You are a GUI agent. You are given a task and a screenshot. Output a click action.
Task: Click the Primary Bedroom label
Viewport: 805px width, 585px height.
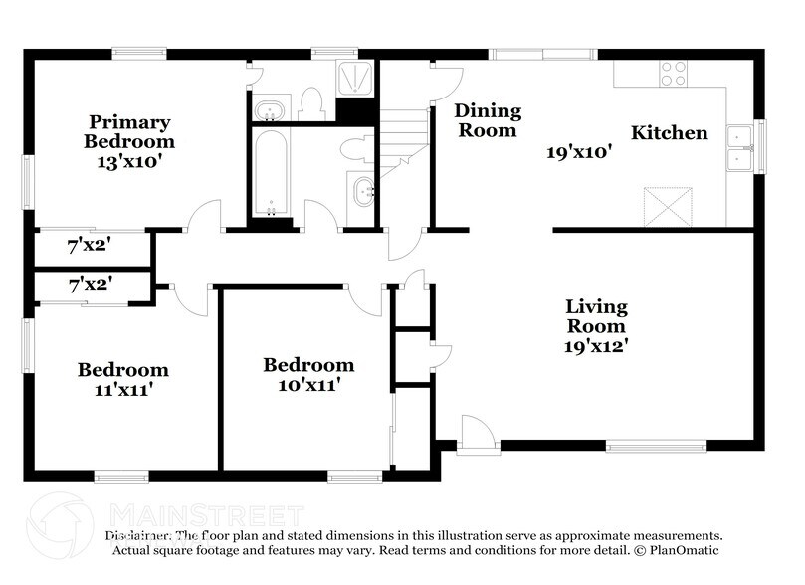129,131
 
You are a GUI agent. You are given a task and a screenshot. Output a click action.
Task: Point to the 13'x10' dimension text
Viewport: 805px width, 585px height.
129,161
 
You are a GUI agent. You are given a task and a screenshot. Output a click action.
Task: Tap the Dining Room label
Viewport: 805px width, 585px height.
488,120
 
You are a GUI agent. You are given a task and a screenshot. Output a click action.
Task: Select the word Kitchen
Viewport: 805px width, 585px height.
670,132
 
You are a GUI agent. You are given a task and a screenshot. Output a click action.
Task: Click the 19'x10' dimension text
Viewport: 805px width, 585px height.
578,152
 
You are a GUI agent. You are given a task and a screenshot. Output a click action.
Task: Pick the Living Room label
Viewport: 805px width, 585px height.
597,315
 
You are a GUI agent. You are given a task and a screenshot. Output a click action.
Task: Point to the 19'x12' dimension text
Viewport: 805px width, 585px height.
597,346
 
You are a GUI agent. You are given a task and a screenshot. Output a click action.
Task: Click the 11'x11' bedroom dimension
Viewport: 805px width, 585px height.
123,390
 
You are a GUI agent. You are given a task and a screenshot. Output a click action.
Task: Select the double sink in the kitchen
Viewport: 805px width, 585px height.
739,147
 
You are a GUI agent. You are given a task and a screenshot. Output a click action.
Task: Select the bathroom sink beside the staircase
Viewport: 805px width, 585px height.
363,188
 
